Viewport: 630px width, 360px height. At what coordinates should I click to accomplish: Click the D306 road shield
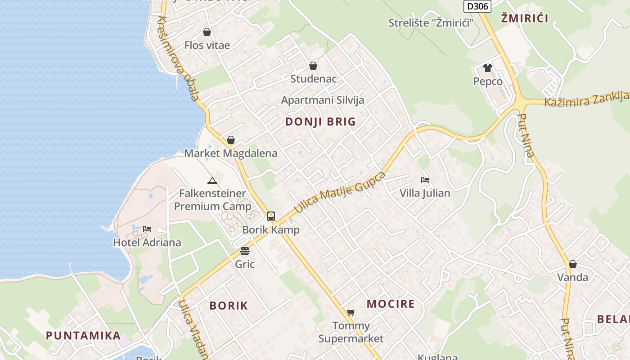point(477,6)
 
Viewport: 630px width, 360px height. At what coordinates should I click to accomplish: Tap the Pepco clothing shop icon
point(488,68)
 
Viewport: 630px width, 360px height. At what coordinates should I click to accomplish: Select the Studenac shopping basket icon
point(313,66)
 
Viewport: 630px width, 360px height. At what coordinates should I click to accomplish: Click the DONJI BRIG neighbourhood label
point(320,121)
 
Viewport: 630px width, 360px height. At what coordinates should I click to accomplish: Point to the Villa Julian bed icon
point(425,180)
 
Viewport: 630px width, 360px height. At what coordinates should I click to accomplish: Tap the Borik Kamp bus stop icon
point(271,216)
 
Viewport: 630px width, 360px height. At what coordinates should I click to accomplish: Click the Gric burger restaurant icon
point(245,251)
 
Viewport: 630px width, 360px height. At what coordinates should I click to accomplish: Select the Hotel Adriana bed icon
point(147,229)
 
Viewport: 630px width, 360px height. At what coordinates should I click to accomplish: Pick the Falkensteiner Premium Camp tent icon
point(212,180)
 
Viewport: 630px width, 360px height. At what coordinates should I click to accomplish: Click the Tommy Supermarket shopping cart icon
point(351,312)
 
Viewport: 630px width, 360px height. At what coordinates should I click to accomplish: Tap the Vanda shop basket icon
point(572,264)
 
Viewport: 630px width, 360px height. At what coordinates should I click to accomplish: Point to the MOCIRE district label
point(391,304)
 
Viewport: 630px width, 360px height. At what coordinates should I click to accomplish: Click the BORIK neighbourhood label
point(229,306)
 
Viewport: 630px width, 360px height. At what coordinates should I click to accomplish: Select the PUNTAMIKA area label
point(83,335)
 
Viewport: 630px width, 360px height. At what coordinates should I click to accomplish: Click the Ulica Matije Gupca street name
point(340,192)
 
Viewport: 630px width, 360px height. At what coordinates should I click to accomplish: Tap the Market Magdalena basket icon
point(231,140)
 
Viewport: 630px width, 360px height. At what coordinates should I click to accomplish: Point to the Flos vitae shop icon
point(207,32)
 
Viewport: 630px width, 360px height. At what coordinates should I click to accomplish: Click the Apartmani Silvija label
point(323,100)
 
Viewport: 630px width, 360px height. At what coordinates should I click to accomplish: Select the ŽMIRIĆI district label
point(524,18)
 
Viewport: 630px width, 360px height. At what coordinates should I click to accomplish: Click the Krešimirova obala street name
point(178,58)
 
